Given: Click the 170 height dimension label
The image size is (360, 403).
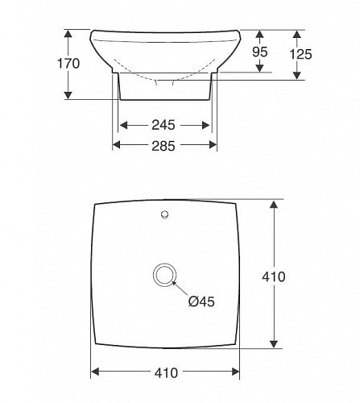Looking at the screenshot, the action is [x=68, y=64].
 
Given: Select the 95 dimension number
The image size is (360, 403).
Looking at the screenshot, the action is [x=260, y=52].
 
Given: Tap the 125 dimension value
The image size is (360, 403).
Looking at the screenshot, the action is [x=300, y=54].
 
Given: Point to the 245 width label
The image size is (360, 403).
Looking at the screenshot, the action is [x=163, y=125].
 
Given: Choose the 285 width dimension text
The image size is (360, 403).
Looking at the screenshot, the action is [x=163, y=146].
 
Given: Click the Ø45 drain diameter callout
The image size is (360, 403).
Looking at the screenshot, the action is [x=201, y=301].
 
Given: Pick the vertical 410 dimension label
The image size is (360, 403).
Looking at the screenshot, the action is [x=274, y=276].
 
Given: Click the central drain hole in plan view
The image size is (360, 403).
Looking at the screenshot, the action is [x=165, y=275].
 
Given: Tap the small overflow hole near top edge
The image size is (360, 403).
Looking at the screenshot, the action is [x=164, y=214].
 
